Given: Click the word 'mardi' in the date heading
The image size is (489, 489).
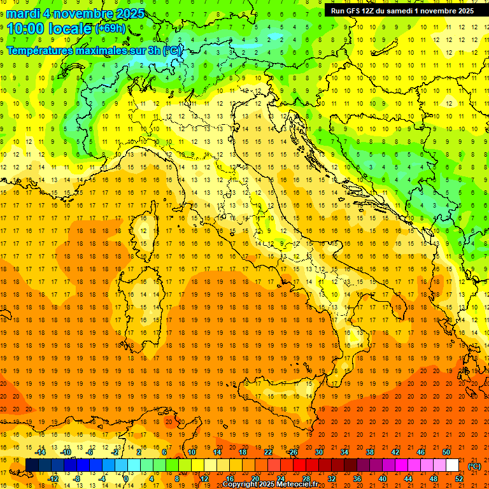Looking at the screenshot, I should pos(22,13).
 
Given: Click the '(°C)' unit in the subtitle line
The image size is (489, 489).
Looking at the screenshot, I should pos(173,50).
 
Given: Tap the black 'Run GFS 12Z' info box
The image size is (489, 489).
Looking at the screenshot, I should pos(401,10).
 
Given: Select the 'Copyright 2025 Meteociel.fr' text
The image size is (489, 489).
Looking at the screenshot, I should pos(270,485).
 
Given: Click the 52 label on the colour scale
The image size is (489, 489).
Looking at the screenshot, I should pos(459,479).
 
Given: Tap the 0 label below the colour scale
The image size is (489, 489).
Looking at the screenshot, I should pos(127,479).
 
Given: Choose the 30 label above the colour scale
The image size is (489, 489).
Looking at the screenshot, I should pos(318,451).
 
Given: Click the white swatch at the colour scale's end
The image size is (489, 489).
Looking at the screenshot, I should pos(453,465).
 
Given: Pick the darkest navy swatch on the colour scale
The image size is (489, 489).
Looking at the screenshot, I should pos(32,465).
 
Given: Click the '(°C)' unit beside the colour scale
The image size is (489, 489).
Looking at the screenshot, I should pos(474,466).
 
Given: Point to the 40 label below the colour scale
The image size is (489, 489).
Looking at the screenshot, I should pos(383,479).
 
